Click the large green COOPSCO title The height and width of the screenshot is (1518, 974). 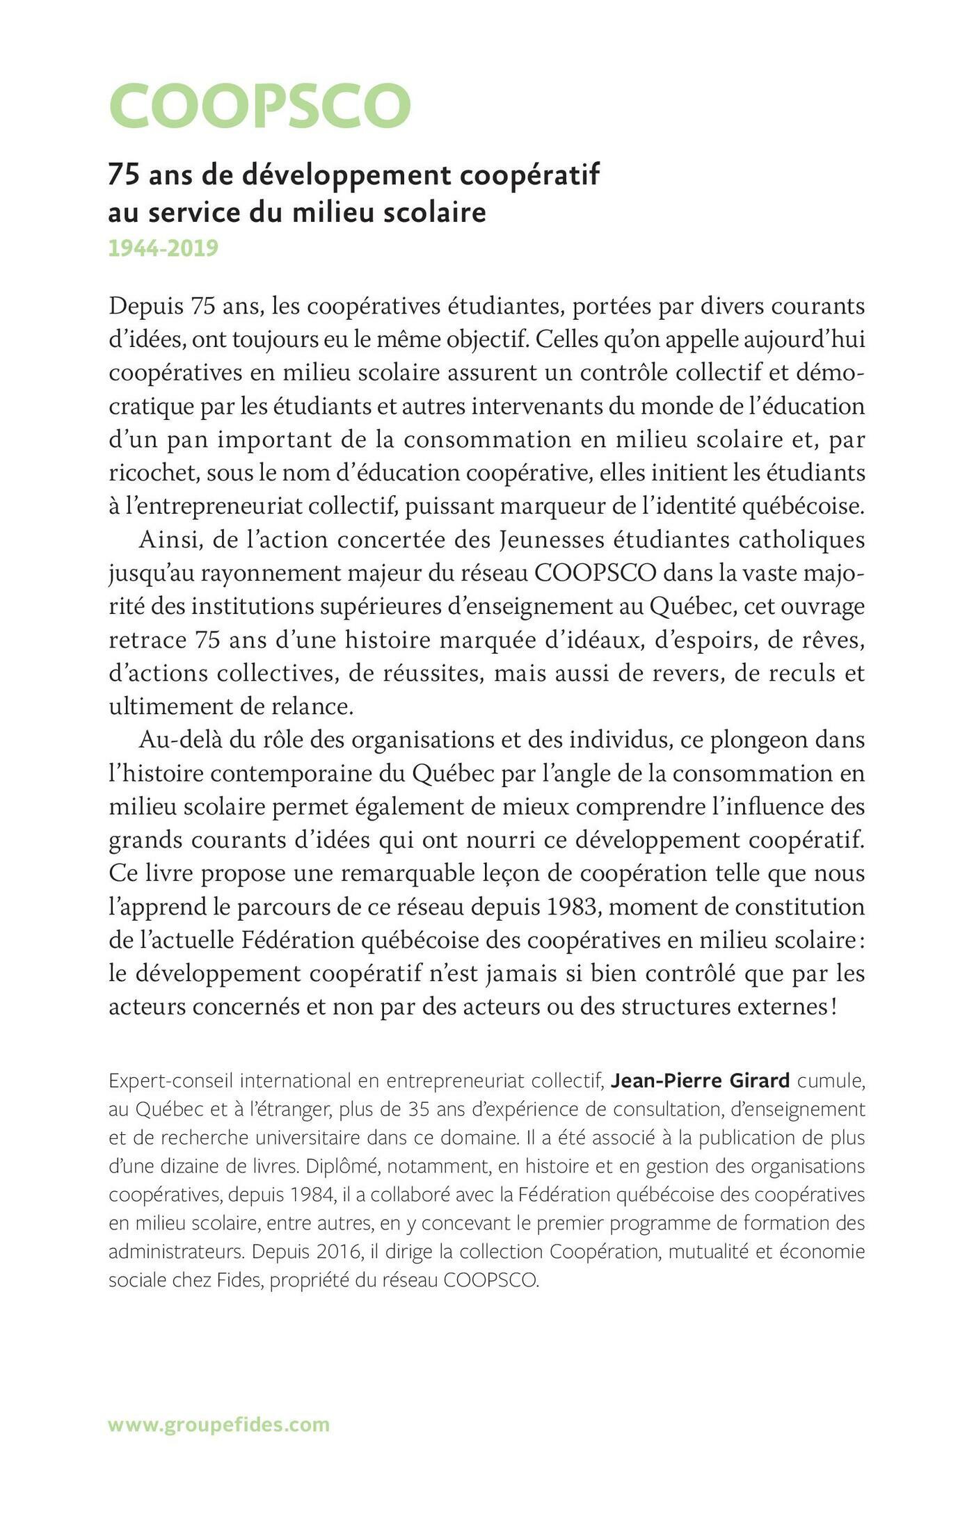coord(260,106)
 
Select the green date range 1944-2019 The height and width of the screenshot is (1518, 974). coord(163,248)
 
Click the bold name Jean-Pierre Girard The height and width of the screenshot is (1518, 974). coord(701,1081)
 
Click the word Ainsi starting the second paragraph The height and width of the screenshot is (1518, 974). coord(163,540)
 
